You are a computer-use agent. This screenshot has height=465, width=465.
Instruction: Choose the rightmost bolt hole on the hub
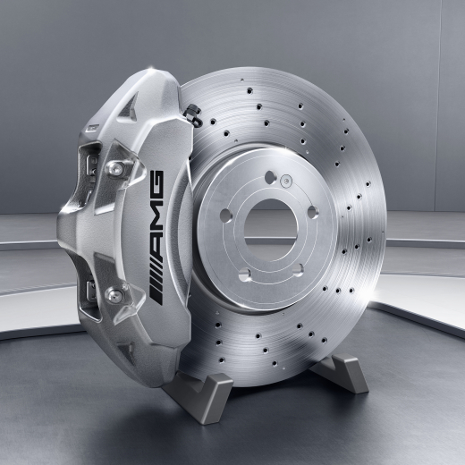tap(312, 212)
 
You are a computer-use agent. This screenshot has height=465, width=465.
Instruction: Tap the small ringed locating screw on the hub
tap(286, 181)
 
